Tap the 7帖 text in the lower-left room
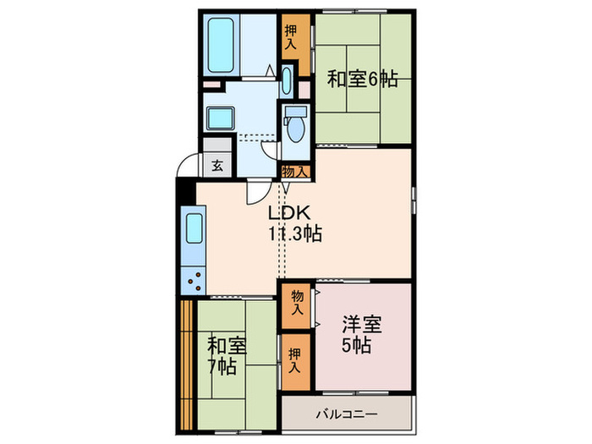click(x=224, y=367)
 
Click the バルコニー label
click(x=347, y=414)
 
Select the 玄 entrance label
click(x=217, y=166)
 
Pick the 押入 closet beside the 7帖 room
click(x=295, y=362)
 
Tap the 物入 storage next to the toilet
click(x=296, y=172)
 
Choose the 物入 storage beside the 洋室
click(x=296, y=302)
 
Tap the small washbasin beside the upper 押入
click(x=287, y=83)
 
